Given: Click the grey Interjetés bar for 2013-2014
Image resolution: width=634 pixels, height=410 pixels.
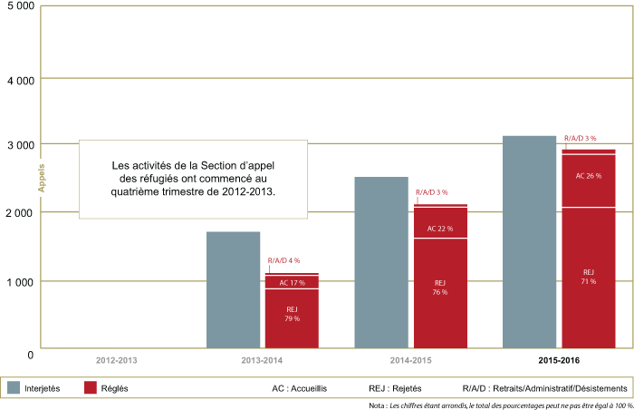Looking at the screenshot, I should [233, 290].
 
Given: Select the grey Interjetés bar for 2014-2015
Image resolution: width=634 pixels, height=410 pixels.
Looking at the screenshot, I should [381, 263].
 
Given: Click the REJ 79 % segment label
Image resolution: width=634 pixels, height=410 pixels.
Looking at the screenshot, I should [292, 314].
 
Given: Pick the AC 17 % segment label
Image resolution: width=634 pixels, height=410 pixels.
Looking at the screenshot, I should [292, 283].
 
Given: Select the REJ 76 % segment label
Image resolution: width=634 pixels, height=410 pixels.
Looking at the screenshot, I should [440, 288].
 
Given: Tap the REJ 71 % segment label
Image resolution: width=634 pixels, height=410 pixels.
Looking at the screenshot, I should [589, 277].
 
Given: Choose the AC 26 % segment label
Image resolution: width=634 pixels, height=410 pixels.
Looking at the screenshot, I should [589, 175].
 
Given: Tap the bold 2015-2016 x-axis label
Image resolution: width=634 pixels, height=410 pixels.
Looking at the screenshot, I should [559, 362].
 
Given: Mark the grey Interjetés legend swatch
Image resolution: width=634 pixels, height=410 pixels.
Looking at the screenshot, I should [14, 387].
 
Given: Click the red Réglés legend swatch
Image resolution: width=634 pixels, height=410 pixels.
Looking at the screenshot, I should [90, 387].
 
